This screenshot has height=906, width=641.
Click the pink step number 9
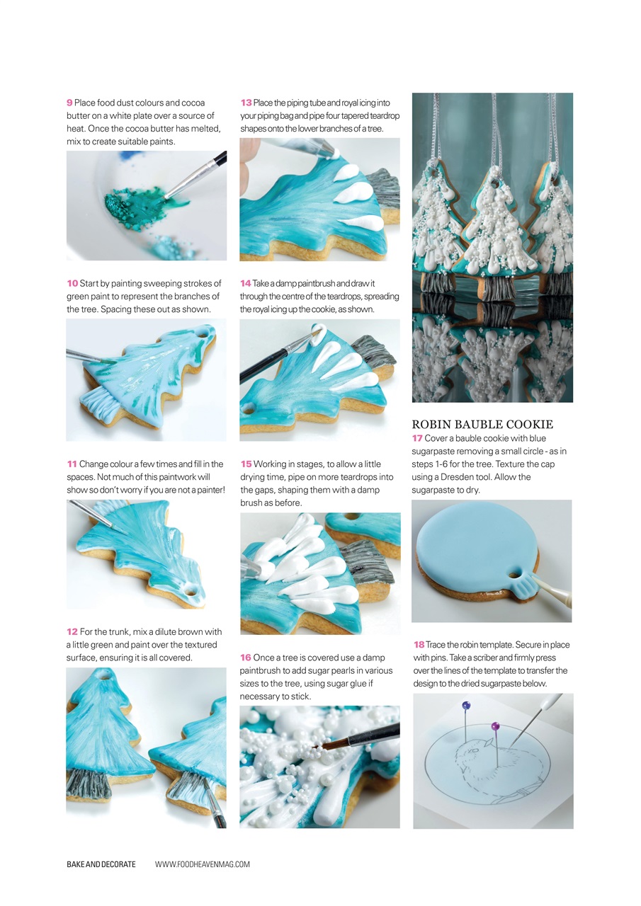pyautogui.click(x=69, y=103)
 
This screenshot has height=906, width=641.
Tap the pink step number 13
pyautogui.click(x=246, y=103)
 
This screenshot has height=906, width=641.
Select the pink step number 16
pyautogui.click(x=246, y=658)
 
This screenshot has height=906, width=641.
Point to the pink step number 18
pyautogui.click(x=419, y=645)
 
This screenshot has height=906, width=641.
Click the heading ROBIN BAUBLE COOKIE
pyautogui.click(x=482, y=425)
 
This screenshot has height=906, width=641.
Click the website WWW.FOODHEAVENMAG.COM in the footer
pyautogui.click(x=203, y=864)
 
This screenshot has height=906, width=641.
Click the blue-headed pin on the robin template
pyautogui.click(x=465, y=706)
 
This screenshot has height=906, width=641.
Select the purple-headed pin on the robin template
pyautogui.click(x=495, y=726)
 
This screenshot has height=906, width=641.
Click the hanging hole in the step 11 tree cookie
pyautogui.click(x=190, y=589)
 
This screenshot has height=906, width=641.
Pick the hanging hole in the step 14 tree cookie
pyautogui.click(x=248, y=410)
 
